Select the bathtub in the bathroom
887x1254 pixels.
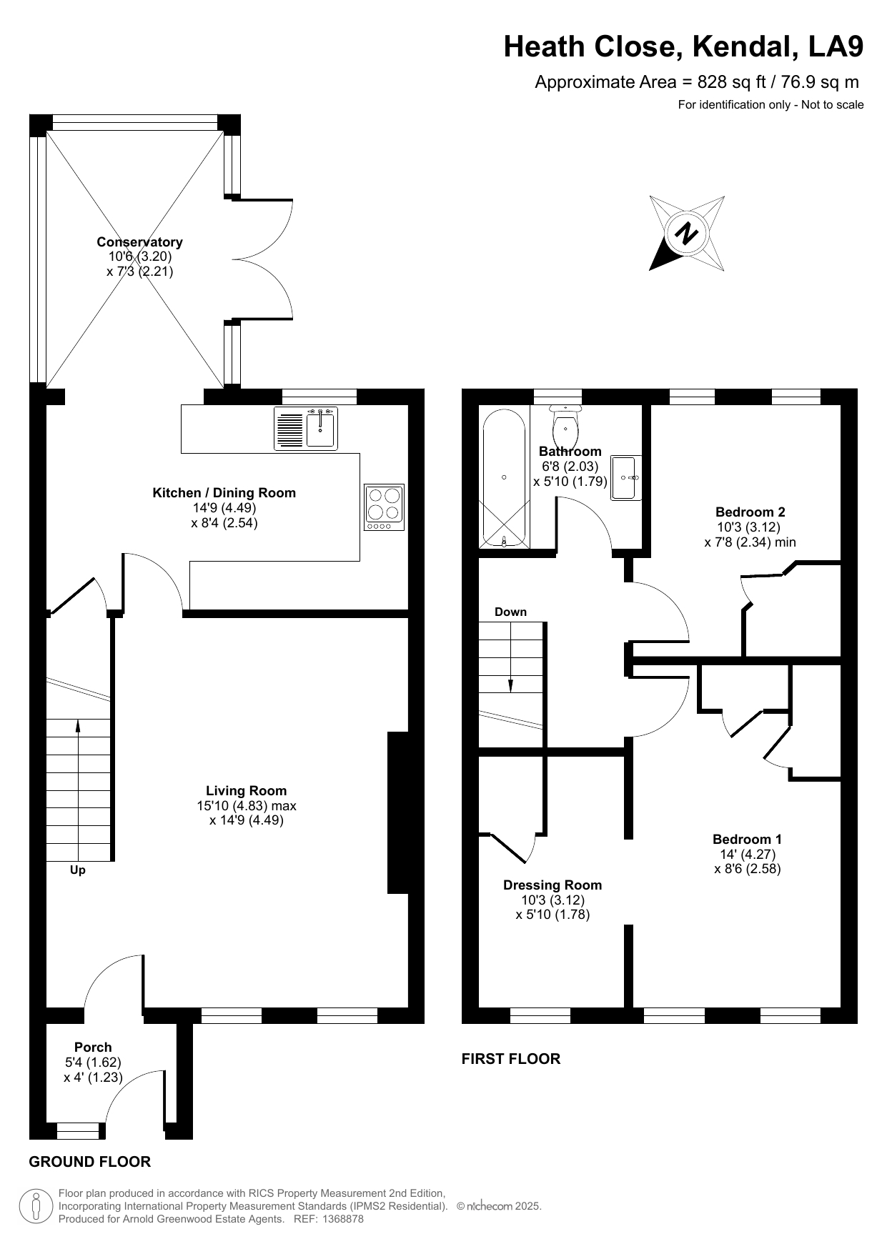coord(505,478)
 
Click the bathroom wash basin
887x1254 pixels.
coord(627,477)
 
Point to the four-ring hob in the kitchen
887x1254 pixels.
coord(384,507)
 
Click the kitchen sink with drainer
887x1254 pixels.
coord(306,429)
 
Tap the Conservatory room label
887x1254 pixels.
coord(140,242)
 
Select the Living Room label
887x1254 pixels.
coord(247,790)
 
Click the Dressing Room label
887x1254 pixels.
coord(552,885)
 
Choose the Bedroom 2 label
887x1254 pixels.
coord(750,512)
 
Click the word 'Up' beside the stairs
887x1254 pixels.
coord(78,870)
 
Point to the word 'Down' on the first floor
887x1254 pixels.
coord(510,612)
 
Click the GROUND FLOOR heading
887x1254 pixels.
coord(90,1162)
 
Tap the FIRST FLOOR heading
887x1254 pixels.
coord(511,1059)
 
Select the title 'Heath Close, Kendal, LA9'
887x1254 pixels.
coord(684,46)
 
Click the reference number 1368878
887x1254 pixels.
coord(343,1219)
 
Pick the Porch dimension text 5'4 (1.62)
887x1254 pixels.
coord(93,1063)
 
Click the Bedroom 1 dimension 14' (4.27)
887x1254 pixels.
coord(748,854)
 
